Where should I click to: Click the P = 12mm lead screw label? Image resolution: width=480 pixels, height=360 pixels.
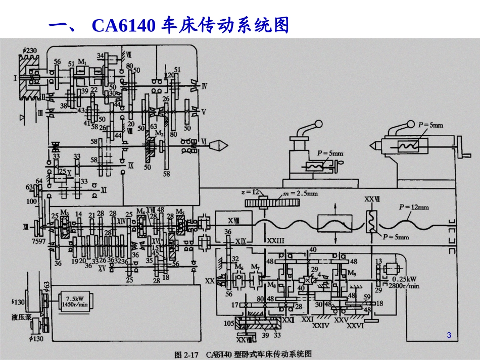[x=413, y=207]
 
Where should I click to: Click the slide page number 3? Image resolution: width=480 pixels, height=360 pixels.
[x=449, y=336]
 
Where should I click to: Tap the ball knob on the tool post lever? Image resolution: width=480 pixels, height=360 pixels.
[x=318, y=124]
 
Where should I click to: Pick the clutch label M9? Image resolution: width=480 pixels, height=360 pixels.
[x=353, y=273]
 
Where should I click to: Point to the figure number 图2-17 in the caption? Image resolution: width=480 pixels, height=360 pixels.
[x=186, y=354]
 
